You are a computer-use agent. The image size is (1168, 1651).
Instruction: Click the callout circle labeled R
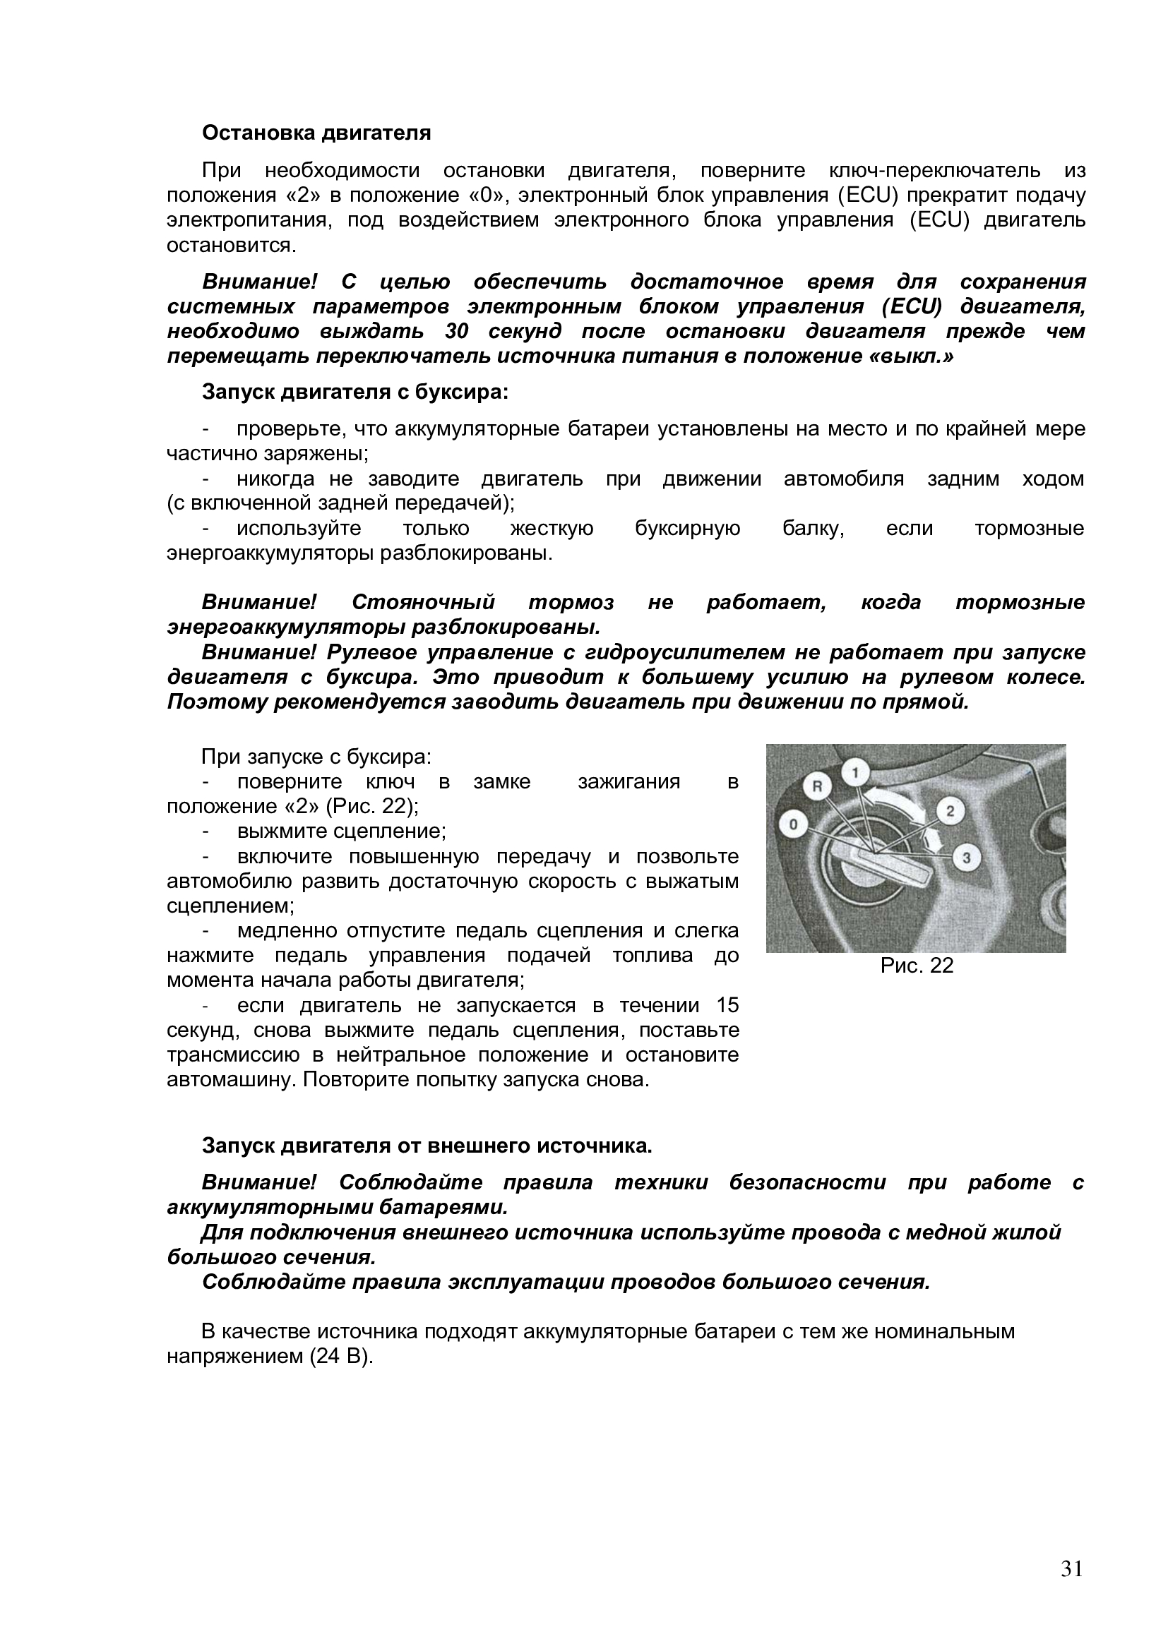[816, 786]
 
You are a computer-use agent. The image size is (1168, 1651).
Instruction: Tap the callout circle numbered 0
[793, 824]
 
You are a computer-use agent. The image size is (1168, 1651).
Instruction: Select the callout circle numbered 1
[855, 773]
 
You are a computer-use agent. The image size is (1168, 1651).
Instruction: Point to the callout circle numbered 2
[949, 811]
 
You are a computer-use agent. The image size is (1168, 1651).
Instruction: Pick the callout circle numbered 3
[967, 857]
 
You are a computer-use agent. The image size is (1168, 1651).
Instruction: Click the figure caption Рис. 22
[917, 966]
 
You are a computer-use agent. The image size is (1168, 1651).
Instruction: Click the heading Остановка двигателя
[316, 133]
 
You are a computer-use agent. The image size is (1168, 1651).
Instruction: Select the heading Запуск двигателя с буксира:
[355, 392]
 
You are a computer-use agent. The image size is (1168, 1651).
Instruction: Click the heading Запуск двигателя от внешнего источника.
[427, 1146]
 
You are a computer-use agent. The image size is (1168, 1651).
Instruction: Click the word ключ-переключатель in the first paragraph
[935, 170]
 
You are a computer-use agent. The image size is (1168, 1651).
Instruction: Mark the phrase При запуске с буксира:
[316, 757]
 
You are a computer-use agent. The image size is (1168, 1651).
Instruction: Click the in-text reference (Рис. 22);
[372, 807]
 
